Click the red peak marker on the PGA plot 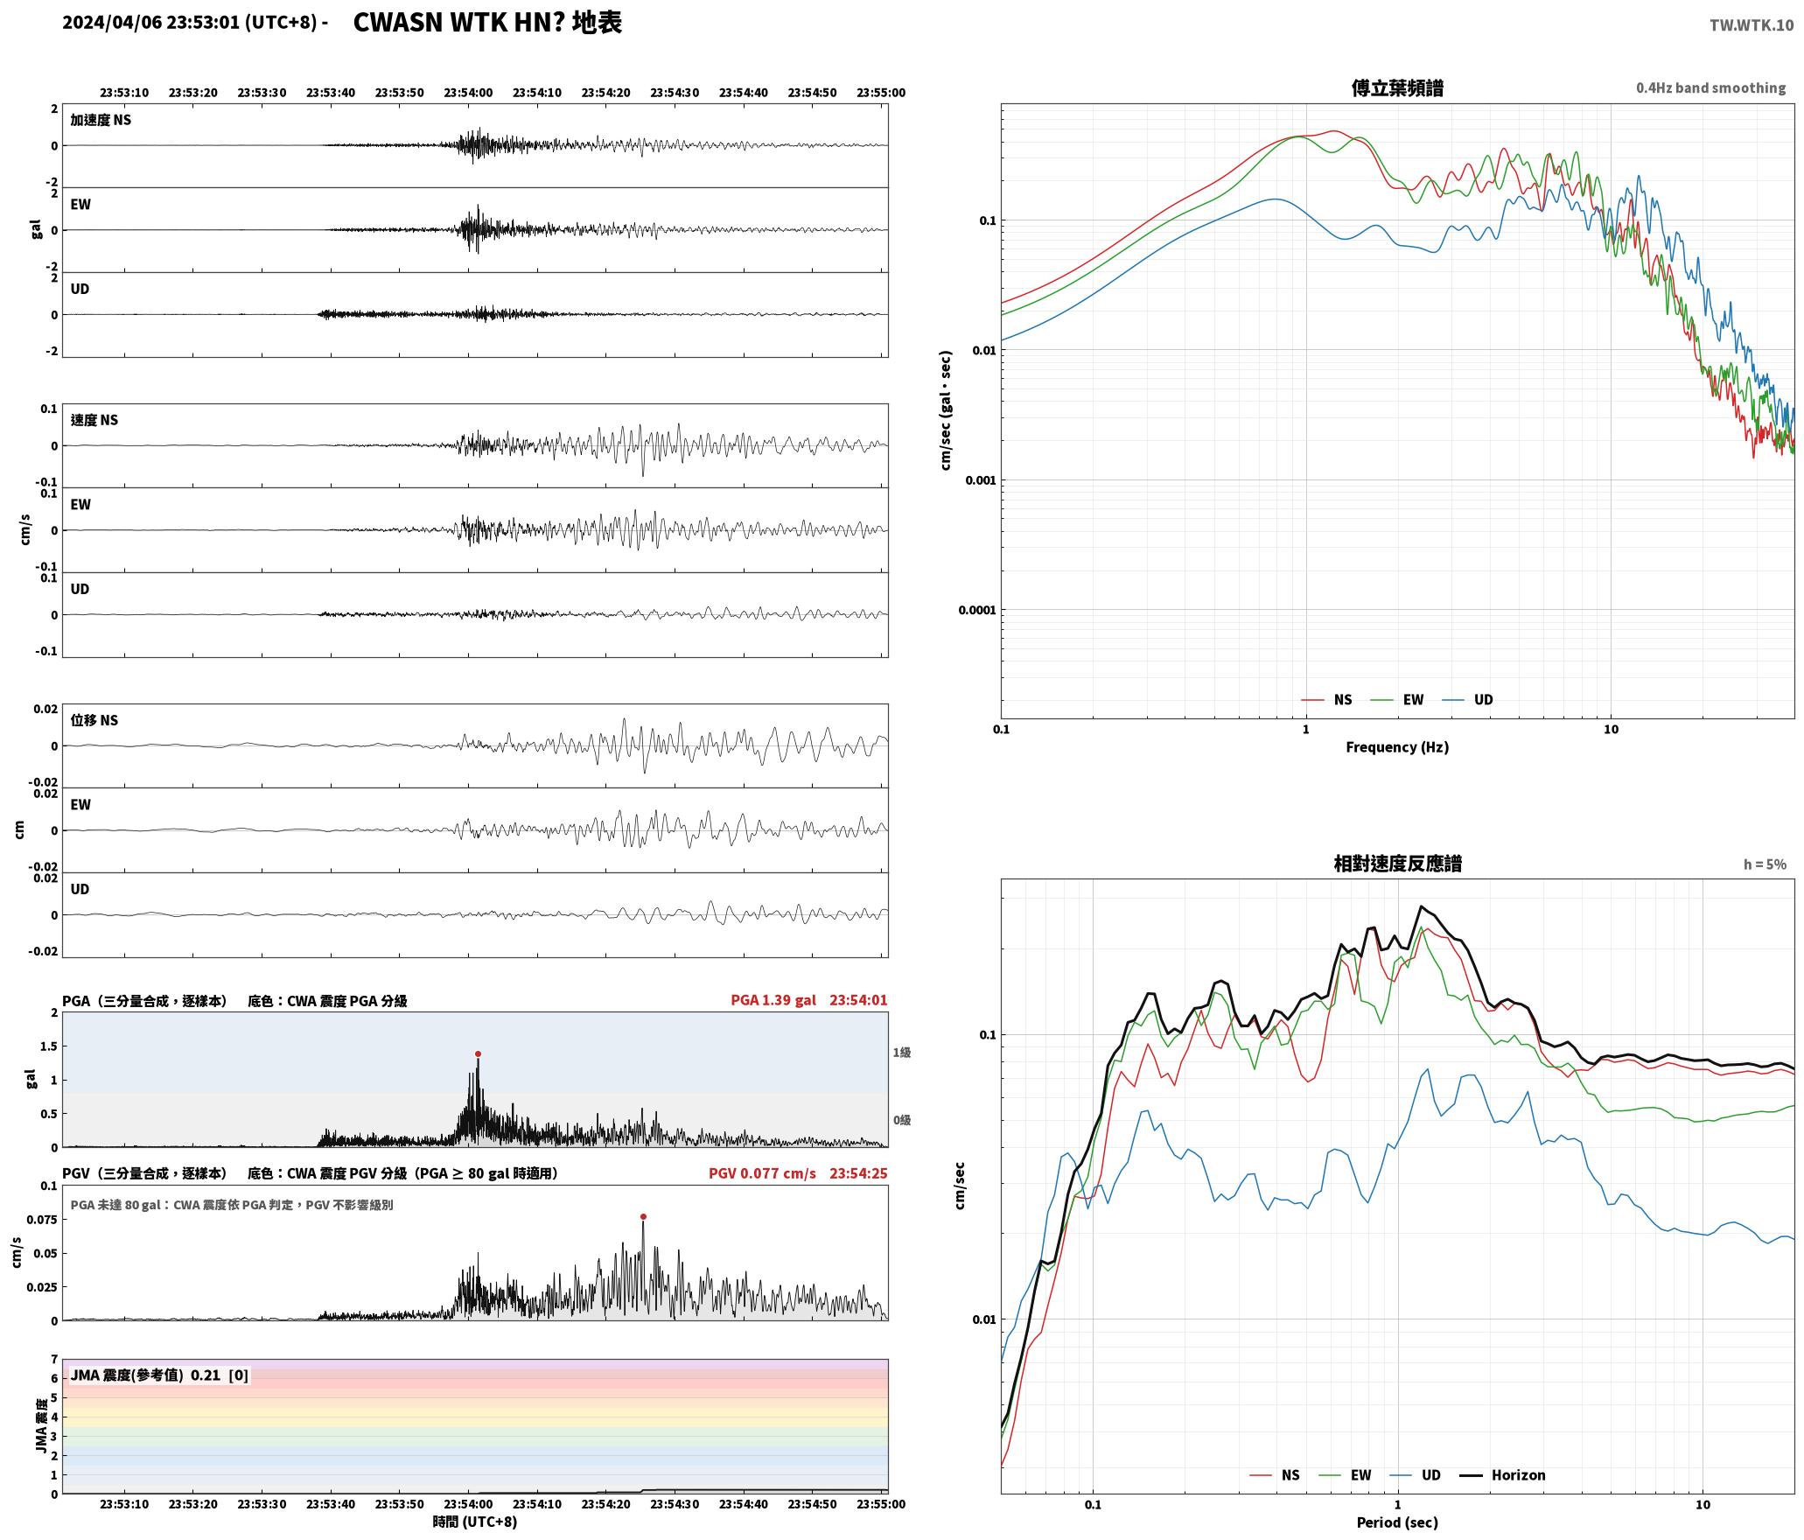(478, 1053)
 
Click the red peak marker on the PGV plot (643, 1216)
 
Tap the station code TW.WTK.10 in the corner (1752, 25)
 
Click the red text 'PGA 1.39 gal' (773, 1000)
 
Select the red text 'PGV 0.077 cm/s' (762, 1173)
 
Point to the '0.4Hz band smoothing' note (1711, 87)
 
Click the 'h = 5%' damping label (1765, 864)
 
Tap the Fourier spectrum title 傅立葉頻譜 (1397, 87)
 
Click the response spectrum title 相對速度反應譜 (1397, 864)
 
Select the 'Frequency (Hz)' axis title (1397, 747)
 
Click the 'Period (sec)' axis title (1397, 1523)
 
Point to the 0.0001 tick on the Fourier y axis (976, 610)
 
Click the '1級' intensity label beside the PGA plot (902, 1053)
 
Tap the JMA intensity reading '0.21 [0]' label (220, 1375)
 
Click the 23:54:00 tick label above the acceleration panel (468, 93)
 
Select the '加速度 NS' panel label (101, 120)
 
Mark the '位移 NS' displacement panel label (94, 721)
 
